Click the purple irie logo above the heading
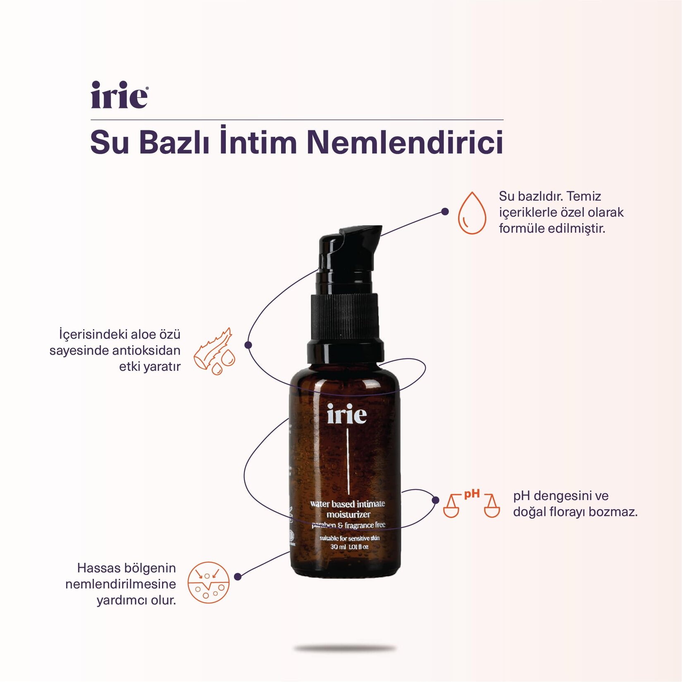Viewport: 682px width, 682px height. pyautogui.click(x=119, y=95)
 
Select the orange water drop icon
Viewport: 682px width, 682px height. pyautogui.click(x=472, y=213)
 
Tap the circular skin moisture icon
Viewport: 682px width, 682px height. pyautogui.click(x=208, y=582)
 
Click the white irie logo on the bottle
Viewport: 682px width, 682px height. pyautogui.click(x=346, y=414)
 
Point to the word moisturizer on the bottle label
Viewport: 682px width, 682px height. pyautogui.click(x=348, y=515)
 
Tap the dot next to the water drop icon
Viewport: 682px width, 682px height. pyautogui.click(x=445, y=212)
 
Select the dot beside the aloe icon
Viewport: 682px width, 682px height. pyautogui.click(x=248, y=345)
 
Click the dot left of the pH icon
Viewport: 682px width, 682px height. pyautogui.click(x=435, y=500)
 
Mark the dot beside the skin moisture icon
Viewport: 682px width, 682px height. pyautogui.click(x=238, y=577)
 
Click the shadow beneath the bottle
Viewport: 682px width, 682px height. pyautogui.click(x=345, y=649)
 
